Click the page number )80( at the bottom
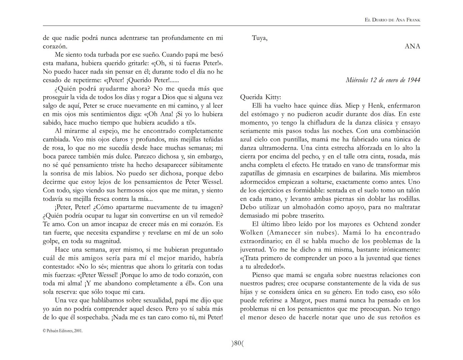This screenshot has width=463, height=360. [x=238, y=343]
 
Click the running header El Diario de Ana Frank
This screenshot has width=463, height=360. [x=392, y=20]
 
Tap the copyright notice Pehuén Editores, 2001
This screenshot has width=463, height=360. [x=63, y=331]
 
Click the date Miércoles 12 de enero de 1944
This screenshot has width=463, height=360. [x=383, y=80]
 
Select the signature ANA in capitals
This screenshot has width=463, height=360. [x=412, y=46]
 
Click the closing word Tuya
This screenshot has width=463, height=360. [x=259, y=38]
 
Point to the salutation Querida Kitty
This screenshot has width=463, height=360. [x=261, y=97]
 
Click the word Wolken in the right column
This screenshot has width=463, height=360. [x=251, y=233]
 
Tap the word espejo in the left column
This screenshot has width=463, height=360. [x=109, y=131]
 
